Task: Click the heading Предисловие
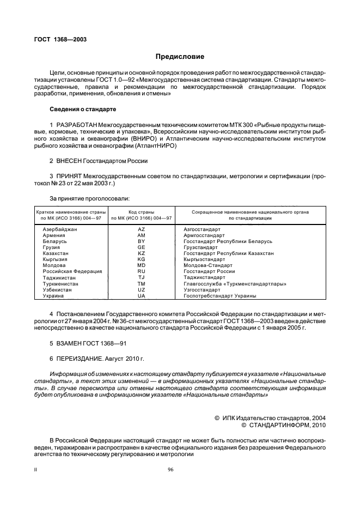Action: coord(180,56)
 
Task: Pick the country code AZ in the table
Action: coord(142,230)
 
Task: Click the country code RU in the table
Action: coord(142,271)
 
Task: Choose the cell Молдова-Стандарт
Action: coord(208,265)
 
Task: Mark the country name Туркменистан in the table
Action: coord(60,284)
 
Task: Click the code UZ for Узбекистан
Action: coord(142,290)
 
